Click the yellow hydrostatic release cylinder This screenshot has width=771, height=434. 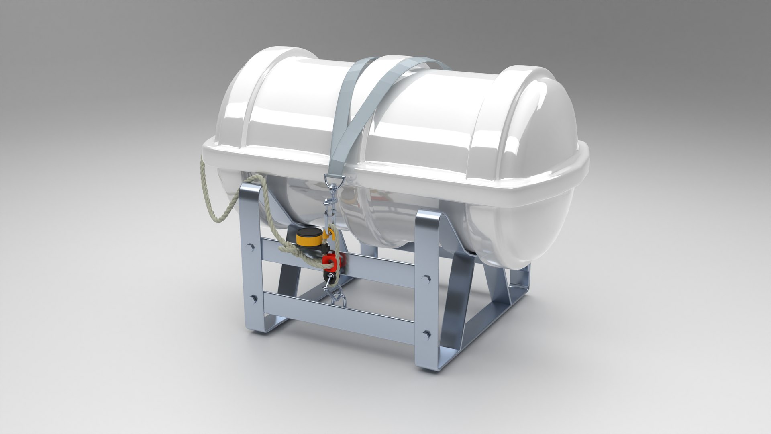point(309,238)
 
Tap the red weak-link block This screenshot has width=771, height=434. point(330,261)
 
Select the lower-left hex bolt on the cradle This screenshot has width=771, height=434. point(253,298)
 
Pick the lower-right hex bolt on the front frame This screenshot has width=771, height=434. point(426,333)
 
